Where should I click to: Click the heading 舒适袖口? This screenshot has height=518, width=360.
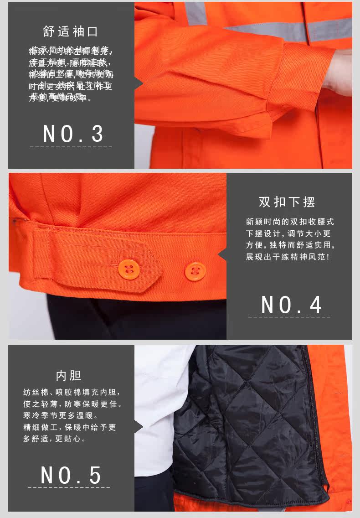[x=71, y=31]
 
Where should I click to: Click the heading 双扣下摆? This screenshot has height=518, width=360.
[x=287, y=202]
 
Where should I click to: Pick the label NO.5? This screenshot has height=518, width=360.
[x=71, y=475]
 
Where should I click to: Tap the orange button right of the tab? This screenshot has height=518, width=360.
[x=195, y=271]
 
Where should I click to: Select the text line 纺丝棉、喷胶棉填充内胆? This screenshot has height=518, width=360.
[x=72, y=392]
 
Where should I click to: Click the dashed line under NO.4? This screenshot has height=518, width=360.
[x=289, y=316]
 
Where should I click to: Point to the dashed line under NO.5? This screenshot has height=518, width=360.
[x=69, y=487]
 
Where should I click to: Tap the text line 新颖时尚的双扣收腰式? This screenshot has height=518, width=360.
[x=290, y=222]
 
